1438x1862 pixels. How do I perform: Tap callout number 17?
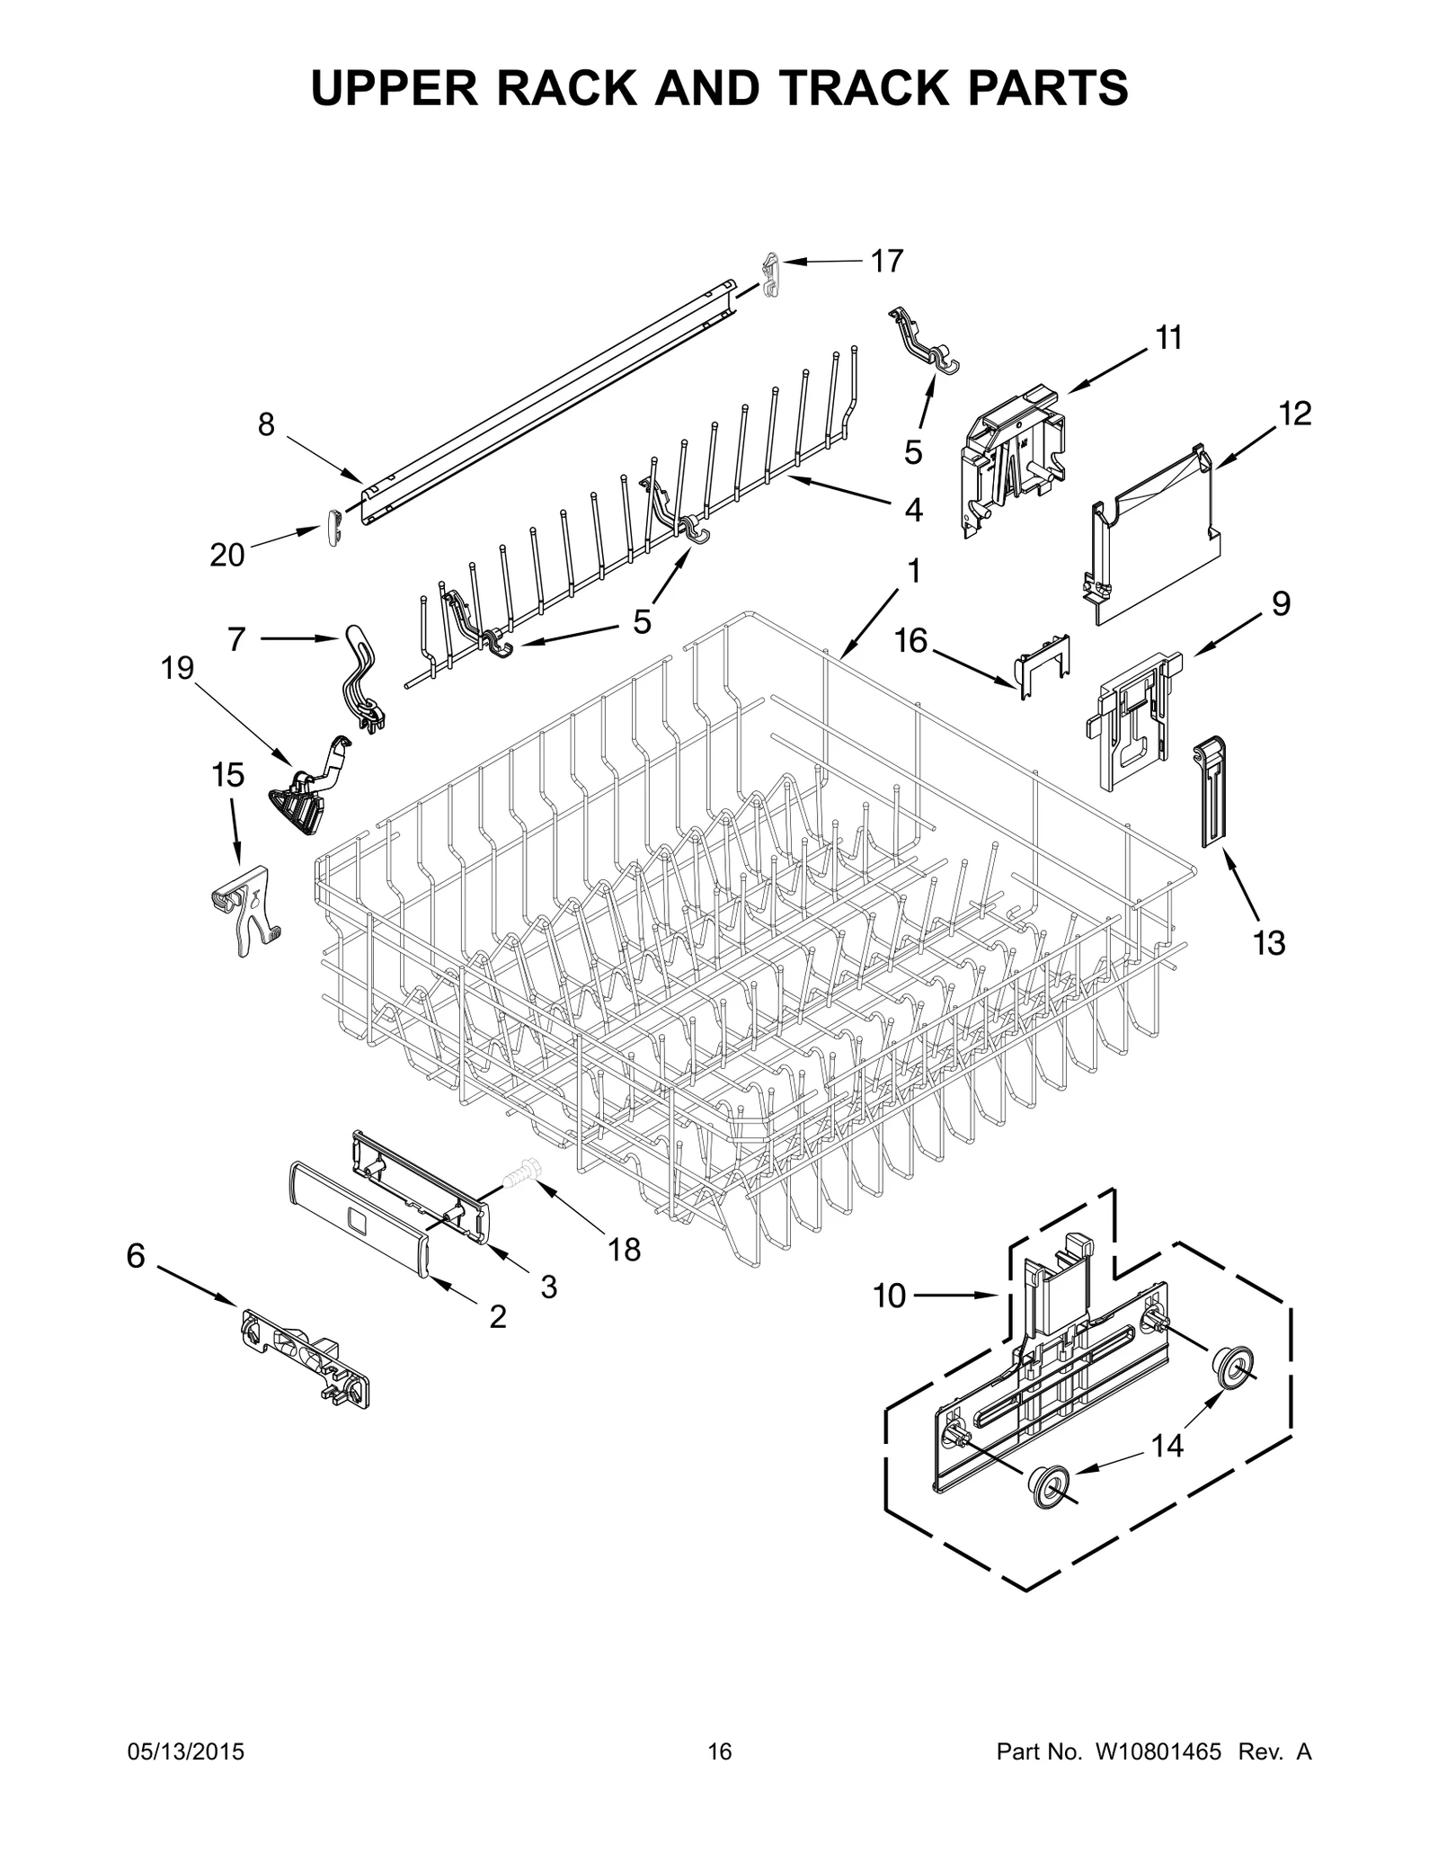coord(886,262)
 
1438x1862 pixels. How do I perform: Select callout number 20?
coord(226,556)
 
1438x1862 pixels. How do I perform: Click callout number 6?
coord(136,1256)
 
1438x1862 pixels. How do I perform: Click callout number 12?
coord(1295,414)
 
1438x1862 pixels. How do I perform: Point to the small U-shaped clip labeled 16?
coord(1043,665)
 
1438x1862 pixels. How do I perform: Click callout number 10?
coord(889,1296)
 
